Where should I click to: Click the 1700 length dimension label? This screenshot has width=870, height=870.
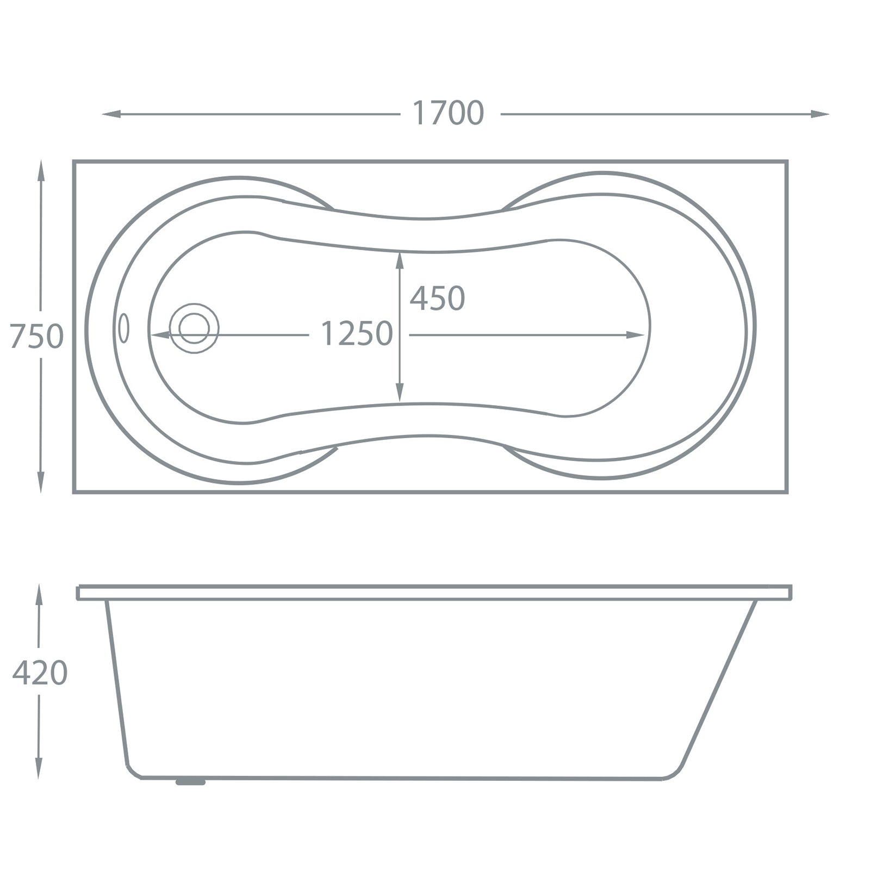(448, 113)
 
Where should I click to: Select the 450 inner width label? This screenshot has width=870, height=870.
(437, 299)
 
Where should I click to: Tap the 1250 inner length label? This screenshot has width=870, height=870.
(357, 334)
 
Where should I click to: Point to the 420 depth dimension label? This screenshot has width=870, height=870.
(40, 673)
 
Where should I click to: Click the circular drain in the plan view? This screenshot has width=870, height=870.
(194, 328)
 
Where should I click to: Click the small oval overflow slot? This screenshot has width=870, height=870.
(124, 328)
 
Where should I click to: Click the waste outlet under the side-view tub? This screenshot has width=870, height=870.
(190, 782)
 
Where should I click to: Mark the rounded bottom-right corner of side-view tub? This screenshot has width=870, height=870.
(674, 772)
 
